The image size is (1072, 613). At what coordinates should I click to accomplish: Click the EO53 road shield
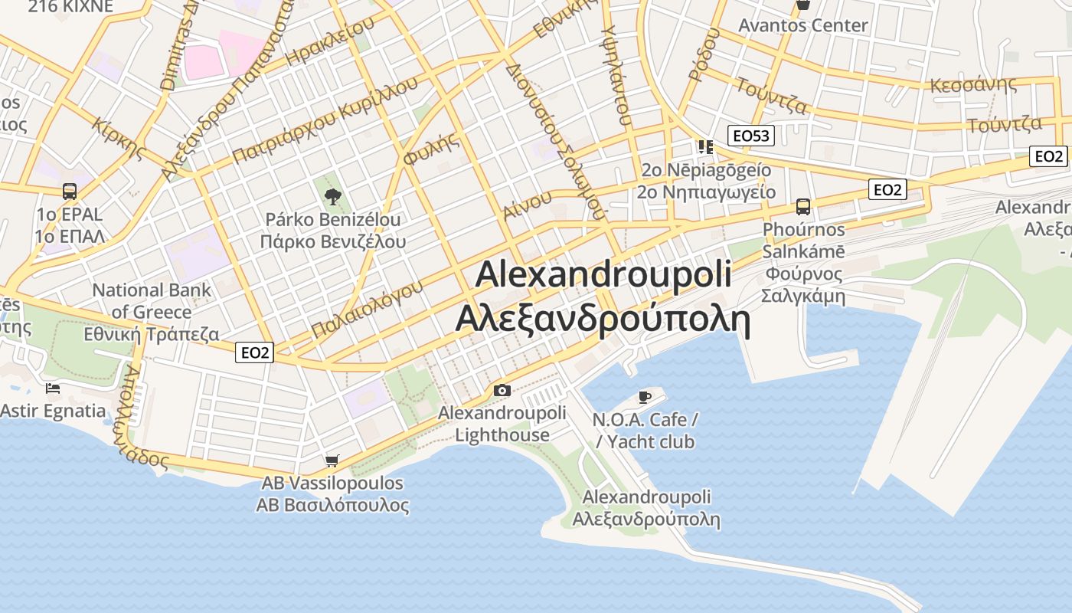750,136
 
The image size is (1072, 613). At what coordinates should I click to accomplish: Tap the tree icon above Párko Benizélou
332,197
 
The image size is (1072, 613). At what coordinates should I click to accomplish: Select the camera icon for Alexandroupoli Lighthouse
502,391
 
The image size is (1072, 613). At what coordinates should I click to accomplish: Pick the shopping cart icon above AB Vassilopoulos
332,461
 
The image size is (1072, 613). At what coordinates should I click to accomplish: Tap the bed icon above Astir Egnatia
53,388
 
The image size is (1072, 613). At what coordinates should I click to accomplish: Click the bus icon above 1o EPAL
69,191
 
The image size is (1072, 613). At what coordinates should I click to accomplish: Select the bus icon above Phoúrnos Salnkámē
802,206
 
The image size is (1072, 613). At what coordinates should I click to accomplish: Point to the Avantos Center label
802,25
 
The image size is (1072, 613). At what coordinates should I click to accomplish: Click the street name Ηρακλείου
328,41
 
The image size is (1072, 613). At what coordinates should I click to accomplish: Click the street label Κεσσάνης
972,84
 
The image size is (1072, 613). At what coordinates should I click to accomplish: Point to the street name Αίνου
528,205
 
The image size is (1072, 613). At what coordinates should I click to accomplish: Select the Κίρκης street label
118,138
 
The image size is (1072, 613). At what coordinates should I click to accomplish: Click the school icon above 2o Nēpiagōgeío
704,146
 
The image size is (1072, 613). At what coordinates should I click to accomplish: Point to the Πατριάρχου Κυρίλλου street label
325,120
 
